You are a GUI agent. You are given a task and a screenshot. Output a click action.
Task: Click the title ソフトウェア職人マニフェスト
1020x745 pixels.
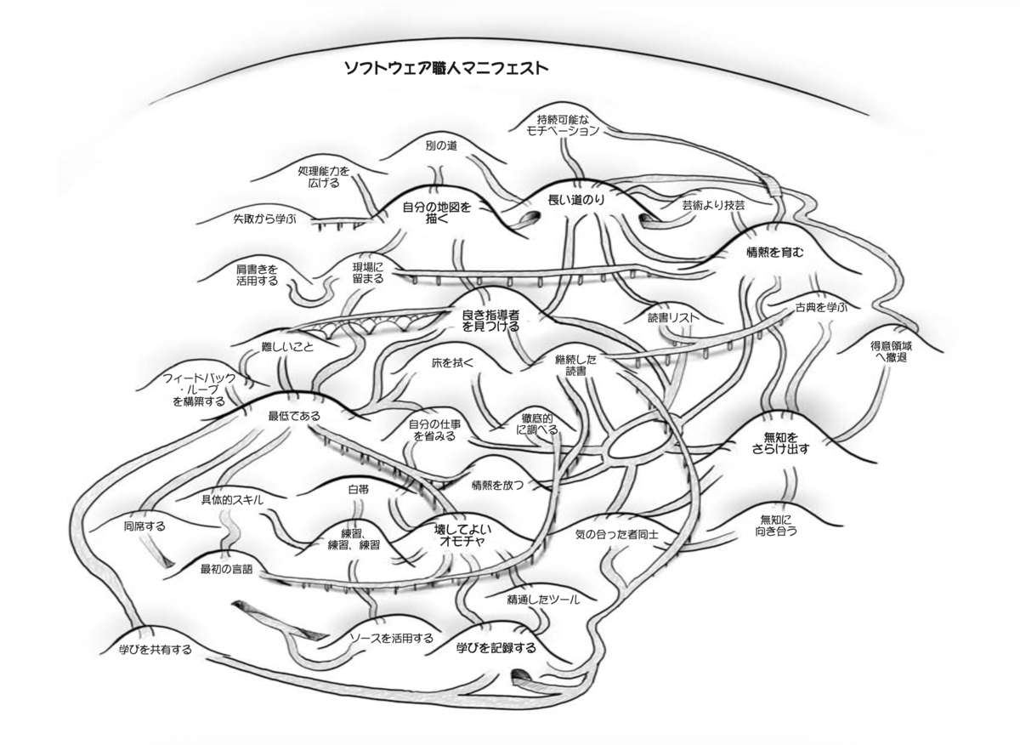coord(446,68)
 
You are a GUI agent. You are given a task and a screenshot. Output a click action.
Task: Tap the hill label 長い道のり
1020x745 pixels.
coord(576,200)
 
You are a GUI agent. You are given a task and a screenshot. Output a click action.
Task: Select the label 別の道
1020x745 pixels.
coord(441,145)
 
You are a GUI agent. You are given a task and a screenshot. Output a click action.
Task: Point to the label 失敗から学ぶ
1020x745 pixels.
coord(264,219)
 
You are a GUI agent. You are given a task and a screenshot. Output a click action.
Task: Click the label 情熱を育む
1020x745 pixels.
coord(775,252)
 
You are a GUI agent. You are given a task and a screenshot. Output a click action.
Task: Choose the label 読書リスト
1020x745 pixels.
coord(673,317)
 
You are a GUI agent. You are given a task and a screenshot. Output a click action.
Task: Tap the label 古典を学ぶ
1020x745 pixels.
coord(821,308)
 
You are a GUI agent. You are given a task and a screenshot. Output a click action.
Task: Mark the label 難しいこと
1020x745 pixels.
coord(288,347)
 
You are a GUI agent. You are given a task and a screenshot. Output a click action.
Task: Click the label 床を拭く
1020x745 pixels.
coord(452,362)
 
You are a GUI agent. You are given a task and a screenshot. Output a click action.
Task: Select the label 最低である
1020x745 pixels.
coord(294,416)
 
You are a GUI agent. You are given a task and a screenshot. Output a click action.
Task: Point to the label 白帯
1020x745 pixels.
coord(359,490)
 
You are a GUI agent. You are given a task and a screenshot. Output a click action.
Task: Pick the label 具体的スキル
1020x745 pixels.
coord(232,500)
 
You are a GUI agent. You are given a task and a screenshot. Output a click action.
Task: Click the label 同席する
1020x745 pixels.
coord(144,526)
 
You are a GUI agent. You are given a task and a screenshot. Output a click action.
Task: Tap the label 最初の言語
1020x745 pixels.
coord(226,569)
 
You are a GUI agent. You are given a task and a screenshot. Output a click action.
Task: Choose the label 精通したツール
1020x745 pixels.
coord(543,600)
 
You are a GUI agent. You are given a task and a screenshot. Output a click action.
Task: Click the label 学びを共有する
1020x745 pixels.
coord(156,649)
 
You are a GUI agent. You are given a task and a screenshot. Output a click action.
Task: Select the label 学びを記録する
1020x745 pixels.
coord(496,647)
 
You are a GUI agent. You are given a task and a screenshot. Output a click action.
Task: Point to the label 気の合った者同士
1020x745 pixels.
coord(616,534)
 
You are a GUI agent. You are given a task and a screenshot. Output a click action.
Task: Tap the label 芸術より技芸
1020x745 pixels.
coord(713,205)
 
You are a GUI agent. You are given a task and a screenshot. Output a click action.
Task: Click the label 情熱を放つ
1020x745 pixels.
coord(498,486)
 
